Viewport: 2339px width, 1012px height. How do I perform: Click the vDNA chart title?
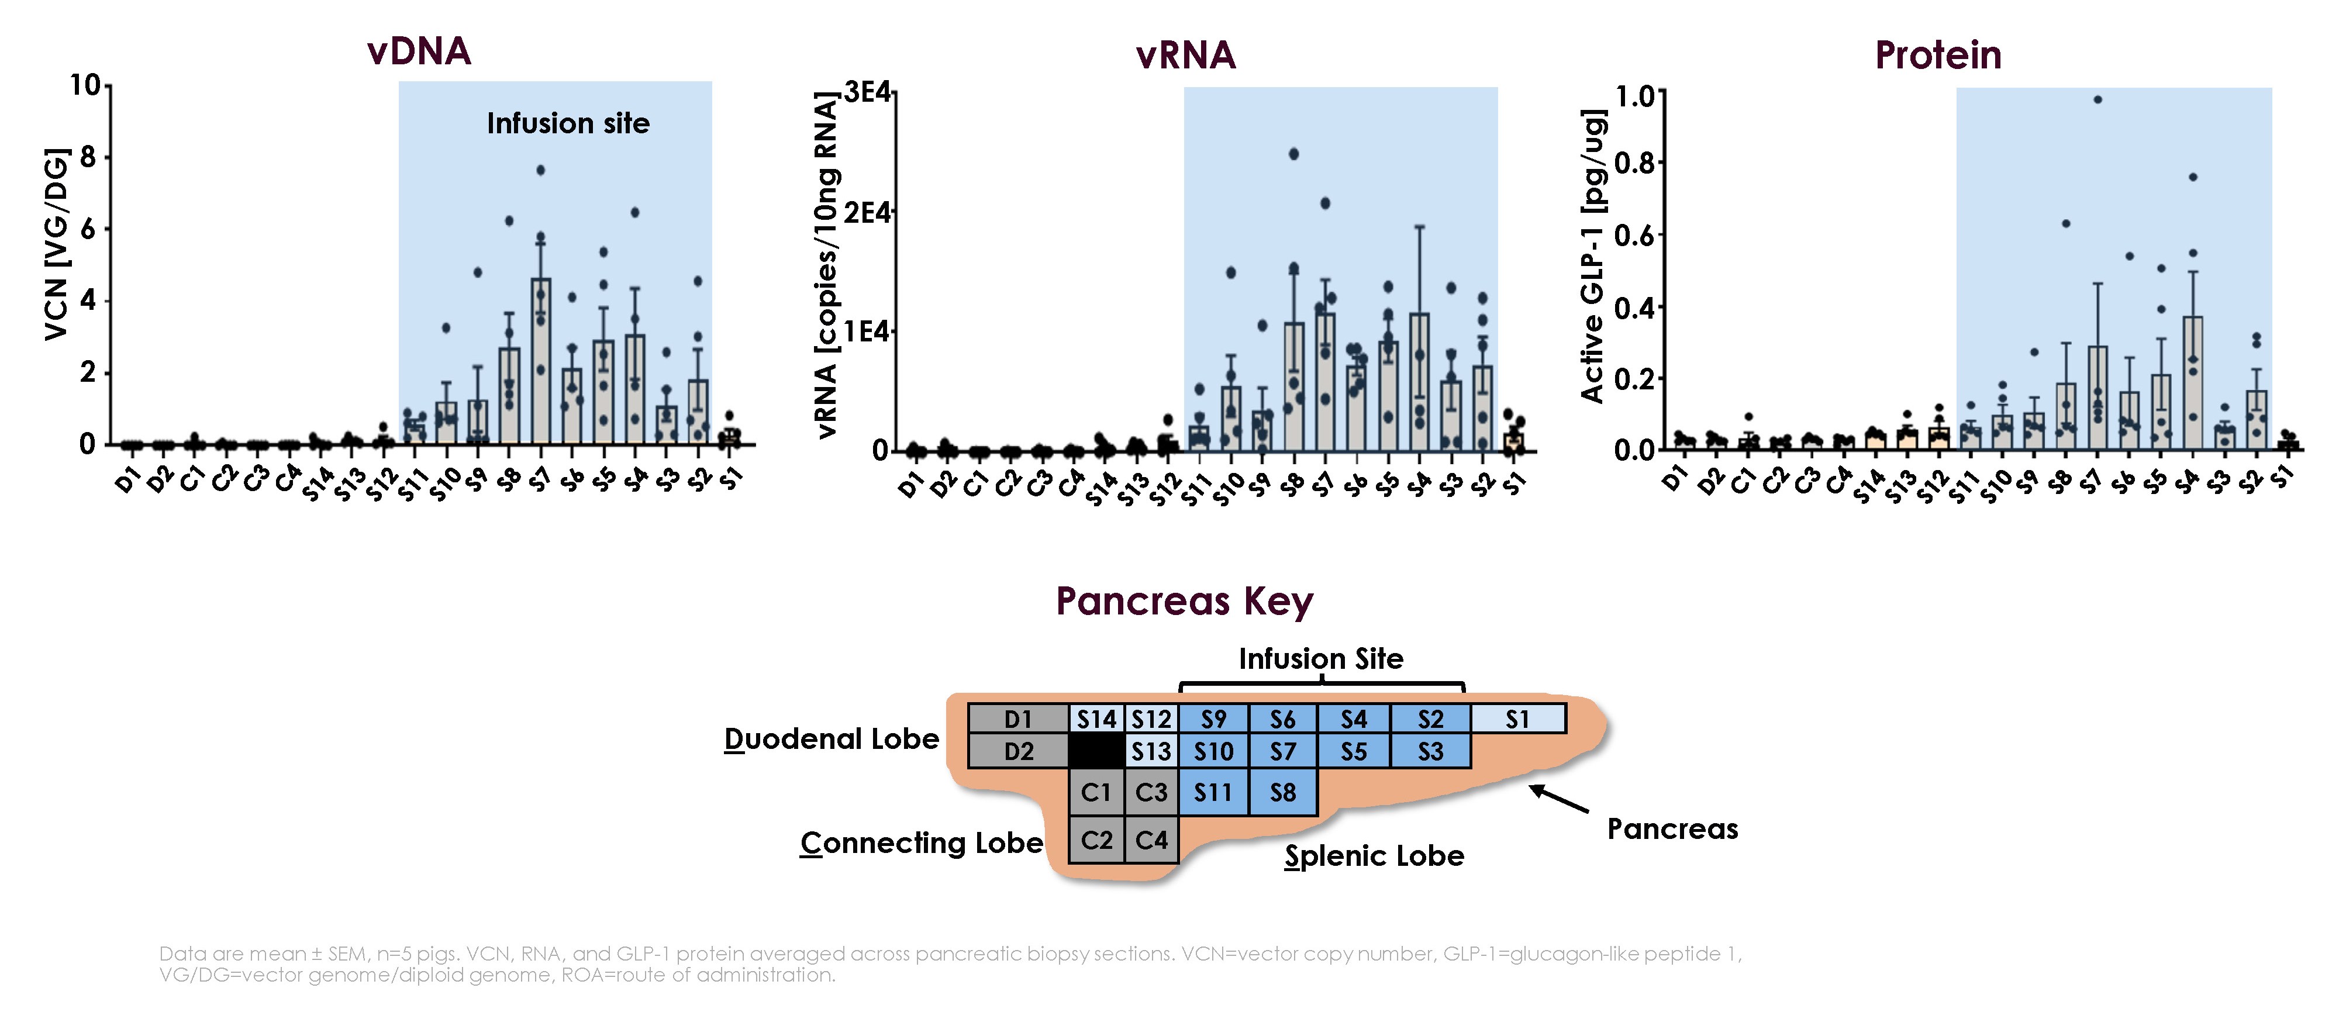click(x=419, y=51)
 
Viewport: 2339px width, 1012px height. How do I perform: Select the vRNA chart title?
click(x=1186, y=56)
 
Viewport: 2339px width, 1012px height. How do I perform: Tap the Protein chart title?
click(x=1938, y=56)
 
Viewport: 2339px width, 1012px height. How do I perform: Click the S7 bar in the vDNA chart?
click(x=540, y=363)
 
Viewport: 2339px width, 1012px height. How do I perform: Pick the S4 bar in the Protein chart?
click(x=2192, y=381)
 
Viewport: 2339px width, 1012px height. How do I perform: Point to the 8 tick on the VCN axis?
click(x=88, y=157)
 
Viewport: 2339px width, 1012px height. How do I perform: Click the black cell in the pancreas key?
click(x=1096, y=751)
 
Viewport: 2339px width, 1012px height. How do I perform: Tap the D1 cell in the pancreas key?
click(x=1018, y=719)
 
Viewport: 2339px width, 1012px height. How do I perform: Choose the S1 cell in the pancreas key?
click(x=1517, y=719)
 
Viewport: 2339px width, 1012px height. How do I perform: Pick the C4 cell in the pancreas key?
click(x=1151, y=840)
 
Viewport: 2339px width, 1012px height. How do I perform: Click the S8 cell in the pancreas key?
click(x=1282, y=792)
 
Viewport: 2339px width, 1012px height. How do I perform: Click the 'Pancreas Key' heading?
click(x=1184, y=601)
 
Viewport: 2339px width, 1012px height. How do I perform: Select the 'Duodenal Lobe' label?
click(x=831, y=739)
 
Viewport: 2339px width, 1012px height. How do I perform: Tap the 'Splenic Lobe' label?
click(x=1374, y=856)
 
